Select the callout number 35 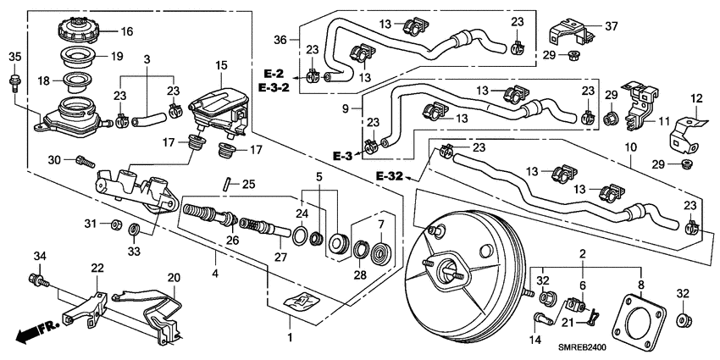point(14,58)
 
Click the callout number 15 point(221,65)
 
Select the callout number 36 point(280,39)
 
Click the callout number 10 point(630,148)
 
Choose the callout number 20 point(174,277)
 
